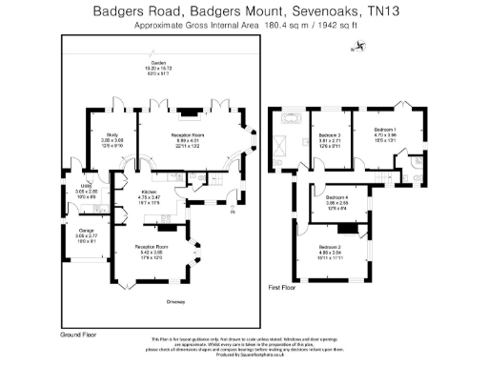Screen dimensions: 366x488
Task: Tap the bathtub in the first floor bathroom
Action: (288, 120)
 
